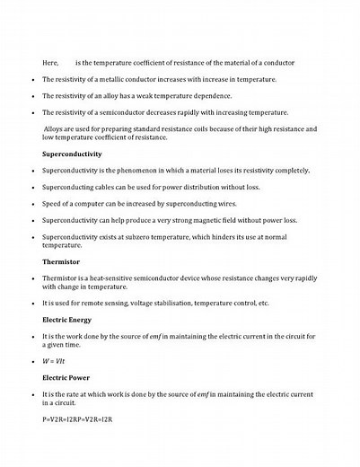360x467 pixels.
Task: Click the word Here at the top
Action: (50, 62)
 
